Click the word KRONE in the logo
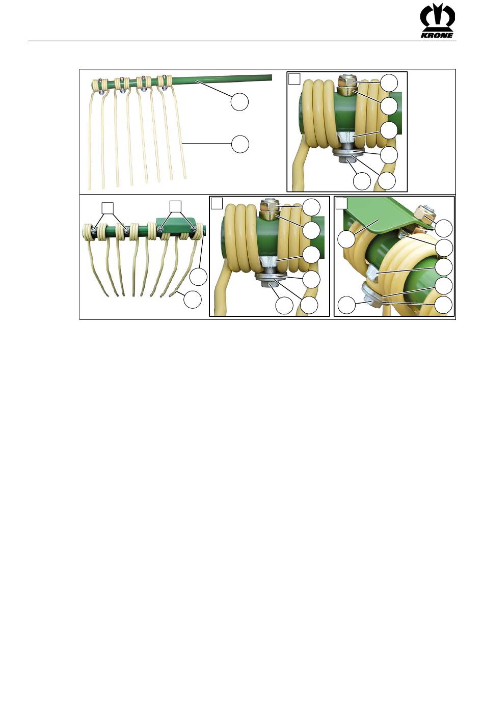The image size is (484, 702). click(437, 35)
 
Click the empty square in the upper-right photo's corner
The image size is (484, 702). click(294, 78)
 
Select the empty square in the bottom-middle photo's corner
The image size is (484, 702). click(217, 203)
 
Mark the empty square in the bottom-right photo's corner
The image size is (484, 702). click(341, 203)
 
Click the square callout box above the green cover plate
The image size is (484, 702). click(175, 206)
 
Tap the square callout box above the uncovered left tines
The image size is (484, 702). click(107, 208)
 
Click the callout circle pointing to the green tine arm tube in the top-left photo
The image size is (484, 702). click(240, 102)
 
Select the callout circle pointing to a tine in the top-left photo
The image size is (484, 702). click(240, 144)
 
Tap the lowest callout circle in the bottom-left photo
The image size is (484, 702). click(193, 299)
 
